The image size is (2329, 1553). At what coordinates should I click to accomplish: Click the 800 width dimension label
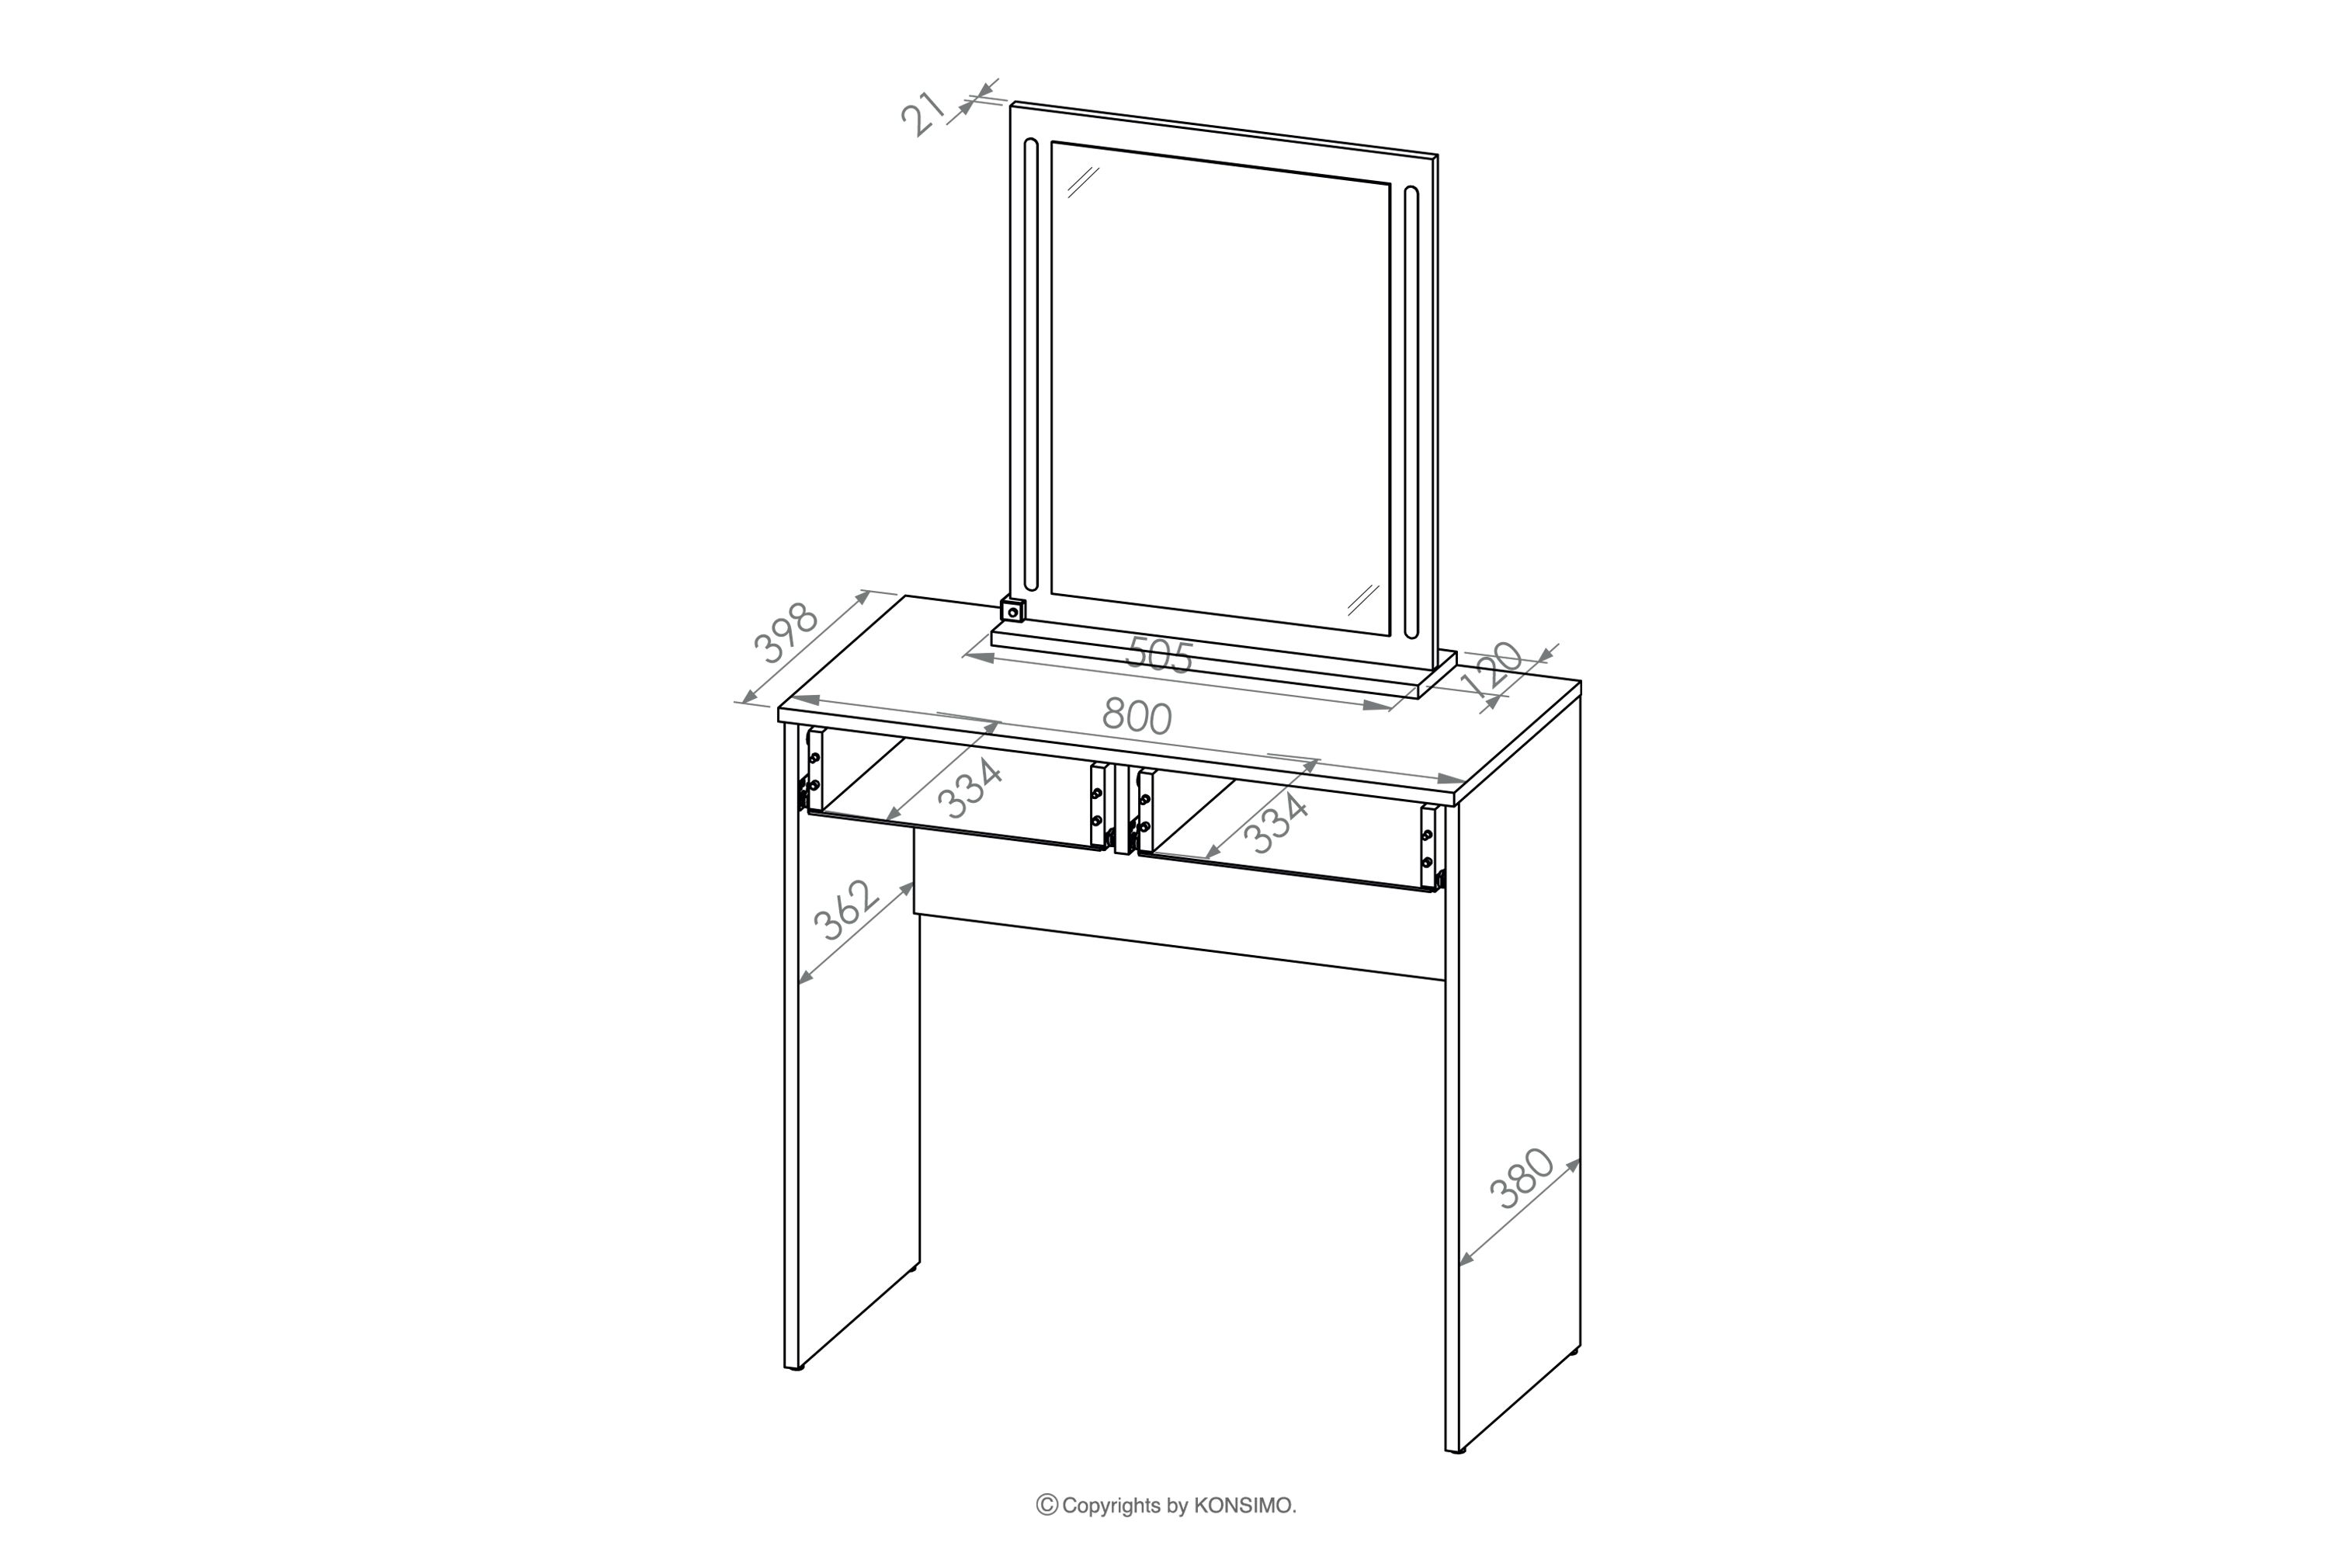pos(1137,716)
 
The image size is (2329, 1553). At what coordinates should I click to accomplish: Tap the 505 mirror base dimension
pos(1160,655)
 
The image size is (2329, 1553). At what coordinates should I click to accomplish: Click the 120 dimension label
pos(1491,669)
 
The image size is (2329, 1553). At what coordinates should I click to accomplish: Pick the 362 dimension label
pos(845,910)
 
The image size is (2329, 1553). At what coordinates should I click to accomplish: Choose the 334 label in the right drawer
pos(1277,824)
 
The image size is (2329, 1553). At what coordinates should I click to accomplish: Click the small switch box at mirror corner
pos(1012,610)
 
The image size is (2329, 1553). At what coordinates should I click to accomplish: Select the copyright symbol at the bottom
pos(1046,1506)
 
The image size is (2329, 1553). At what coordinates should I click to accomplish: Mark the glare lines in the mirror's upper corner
pos(1083,183)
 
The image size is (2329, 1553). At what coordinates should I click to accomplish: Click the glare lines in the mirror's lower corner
pos(1363,599)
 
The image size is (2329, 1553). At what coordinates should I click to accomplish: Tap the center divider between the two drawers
pos(1122,810)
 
